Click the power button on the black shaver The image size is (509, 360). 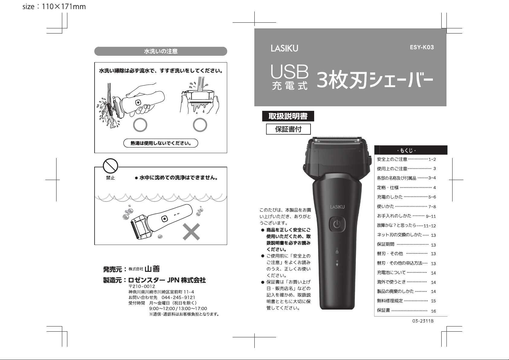pyautogui.click(x=337, y=225)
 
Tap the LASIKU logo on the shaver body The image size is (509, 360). pyautogui.click(x=337, y=207)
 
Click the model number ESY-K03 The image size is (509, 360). pyautogui.click(x=422, y=47)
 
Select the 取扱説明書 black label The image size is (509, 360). pyautogui.click(x=288, y=116)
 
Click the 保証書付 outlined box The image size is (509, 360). pyautogui.click(x=288, y=129)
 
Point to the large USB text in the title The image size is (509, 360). pyautogui.click(x=289, y=72)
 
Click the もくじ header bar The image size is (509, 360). pyautogui.click(x=411, y=150)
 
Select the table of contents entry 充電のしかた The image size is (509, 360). pyautogui.click(x=390, y=197)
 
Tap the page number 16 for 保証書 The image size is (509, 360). pyautogui.click(x=433, y=311)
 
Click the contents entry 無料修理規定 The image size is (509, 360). pyautogui.click(x=390, y=301)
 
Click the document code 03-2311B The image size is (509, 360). pyautogui.click(x=423, y=321)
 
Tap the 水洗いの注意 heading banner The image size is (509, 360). pyautogui.click(x=161, y=51)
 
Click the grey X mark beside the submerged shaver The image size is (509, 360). pyautogui.click(x=191, y=232)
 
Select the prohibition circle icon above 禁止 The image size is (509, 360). pyautogui.click(x=111, y=166)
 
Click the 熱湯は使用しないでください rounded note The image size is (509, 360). pyautogui.click(x=161, y=143)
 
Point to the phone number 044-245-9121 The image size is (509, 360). pyautogui.click(x=179, y=297)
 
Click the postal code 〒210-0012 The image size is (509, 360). pyautogui.click(x=142, y=286)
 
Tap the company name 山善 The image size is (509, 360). pyautogui.click(x=152, y=269)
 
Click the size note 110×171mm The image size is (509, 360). pyautogui.click(x=64, y=7)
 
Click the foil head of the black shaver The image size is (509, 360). pyautogui.click(x=337, y=140)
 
